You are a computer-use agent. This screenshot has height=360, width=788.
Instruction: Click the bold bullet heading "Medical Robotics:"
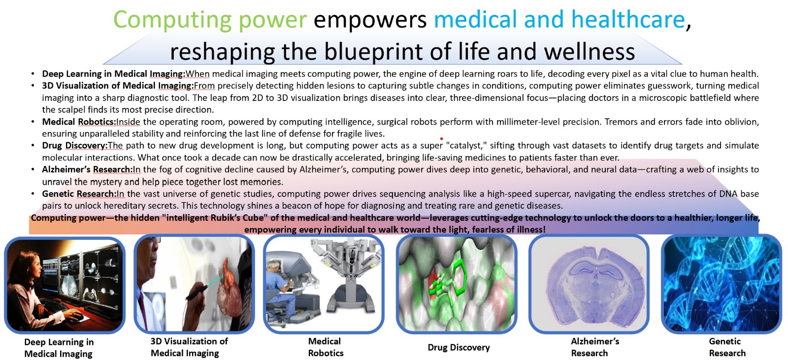tap(79, 122)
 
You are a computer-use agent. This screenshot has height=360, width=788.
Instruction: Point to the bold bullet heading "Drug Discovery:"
tap(75, 145)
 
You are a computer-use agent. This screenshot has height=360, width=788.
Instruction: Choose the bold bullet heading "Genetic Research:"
tap(79, 194)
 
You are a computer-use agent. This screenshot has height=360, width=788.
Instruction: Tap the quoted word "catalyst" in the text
tap(465, 145)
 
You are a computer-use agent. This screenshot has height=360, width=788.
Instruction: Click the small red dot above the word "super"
tap(441, 139)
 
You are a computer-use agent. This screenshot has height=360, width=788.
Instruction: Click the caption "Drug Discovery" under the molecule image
tap(459, 347)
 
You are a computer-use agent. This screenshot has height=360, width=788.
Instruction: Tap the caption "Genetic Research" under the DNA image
tap(727, 347)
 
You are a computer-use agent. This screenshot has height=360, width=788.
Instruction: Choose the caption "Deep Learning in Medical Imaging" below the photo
tap(59, 348)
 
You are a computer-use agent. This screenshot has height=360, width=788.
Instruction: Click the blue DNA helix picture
tap(722, 284)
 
